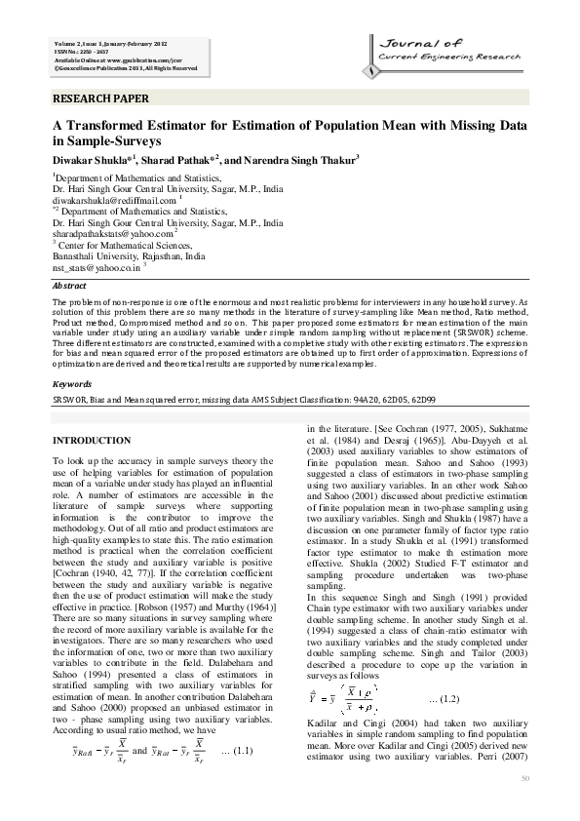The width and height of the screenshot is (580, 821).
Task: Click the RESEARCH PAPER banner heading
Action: [x=100, y=98]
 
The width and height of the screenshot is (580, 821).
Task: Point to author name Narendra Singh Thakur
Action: [x=299, y=158]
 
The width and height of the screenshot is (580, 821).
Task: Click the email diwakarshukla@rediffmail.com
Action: [x=114, y=200]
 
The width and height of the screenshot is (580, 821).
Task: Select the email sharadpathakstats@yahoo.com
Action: [x=111, y=234]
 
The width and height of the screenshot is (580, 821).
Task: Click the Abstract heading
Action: [x=69, y=286]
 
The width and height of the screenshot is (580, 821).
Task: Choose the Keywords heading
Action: [x=72, y=384]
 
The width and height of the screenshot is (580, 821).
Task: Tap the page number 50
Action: [x=524, y=777]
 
